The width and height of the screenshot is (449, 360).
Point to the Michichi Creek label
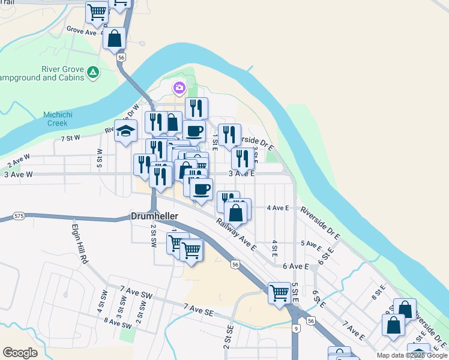click(59, 119)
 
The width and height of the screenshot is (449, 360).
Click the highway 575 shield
click(19, 215)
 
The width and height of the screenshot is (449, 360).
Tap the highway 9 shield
click(297, 328)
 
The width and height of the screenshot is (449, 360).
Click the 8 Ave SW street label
click(117, 323)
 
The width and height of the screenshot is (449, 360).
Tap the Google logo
click(20, 353)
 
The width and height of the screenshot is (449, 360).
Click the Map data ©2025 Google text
click(411, 355)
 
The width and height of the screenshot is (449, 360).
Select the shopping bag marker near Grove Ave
click(114, 39)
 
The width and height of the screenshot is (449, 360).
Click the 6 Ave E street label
click(295, 266)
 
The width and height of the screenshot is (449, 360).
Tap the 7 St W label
click(70, 138)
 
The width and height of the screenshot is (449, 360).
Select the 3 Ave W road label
click(19, 175)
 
